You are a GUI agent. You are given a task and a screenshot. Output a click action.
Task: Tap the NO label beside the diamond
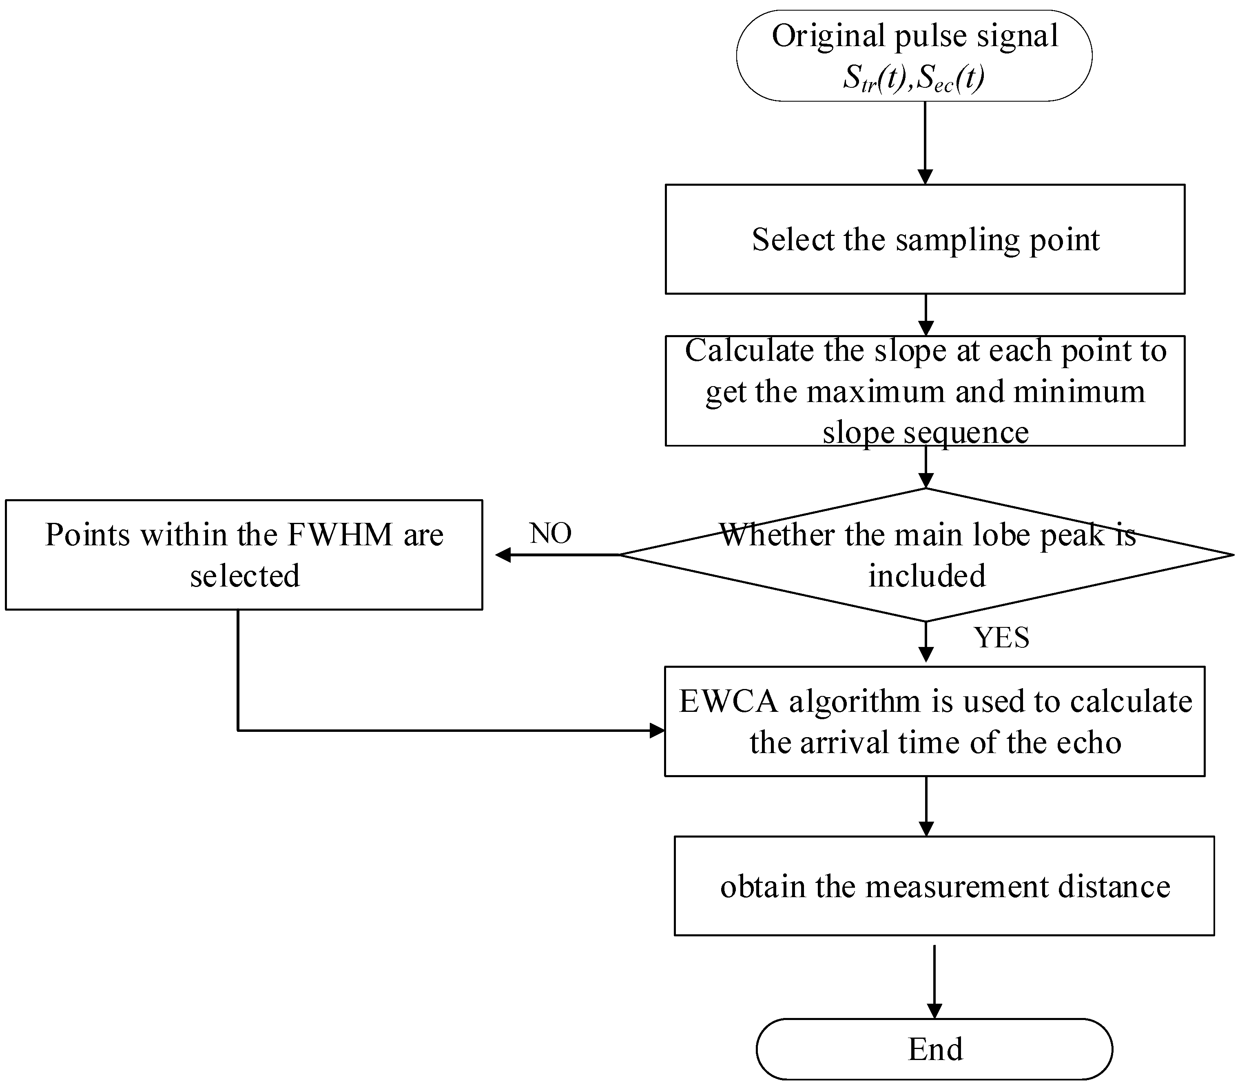[550, 533]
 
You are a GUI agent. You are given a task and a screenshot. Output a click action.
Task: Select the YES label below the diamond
[1001, 638]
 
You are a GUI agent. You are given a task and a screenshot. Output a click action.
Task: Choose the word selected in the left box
[244, 576]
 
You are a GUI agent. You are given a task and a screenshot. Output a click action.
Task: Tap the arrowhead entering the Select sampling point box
[925, 177]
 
